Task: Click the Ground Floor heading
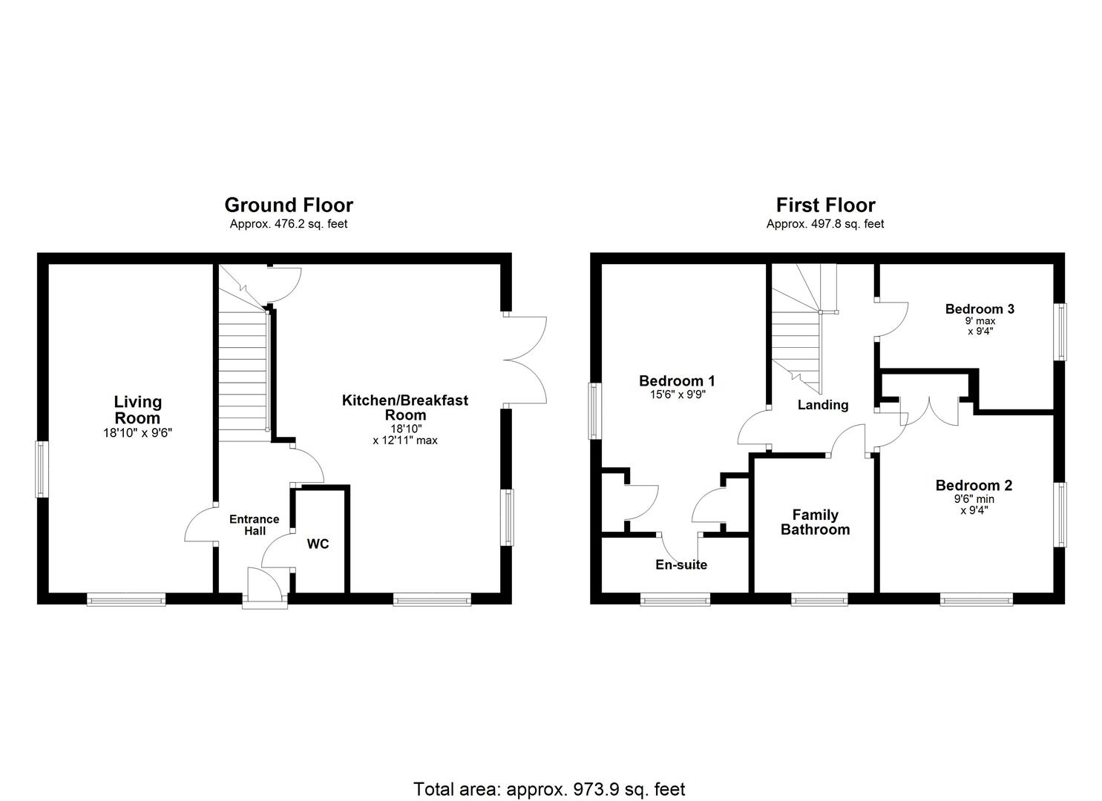point(289,205)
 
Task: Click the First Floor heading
point(825,205)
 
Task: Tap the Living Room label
point(137,409)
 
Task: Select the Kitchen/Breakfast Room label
point(404,407)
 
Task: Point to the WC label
point(318,544)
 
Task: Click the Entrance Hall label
point(254,525)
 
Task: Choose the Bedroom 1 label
point(677,381)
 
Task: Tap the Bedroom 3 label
point(980,309)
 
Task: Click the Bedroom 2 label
point(974,486)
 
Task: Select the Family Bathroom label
point(815,522)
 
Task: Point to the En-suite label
point(681,564)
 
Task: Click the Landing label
point(822,405)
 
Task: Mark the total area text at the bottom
point(549,789)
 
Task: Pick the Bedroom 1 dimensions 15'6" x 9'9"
point(677,395)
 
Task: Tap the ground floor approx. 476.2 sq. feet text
point(289,224)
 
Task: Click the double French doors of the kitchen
point(525,360)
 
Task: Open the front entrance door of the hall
point(264,590)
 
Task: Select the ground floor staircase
point(243,375)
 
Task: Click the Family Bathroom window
point(819,599)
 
